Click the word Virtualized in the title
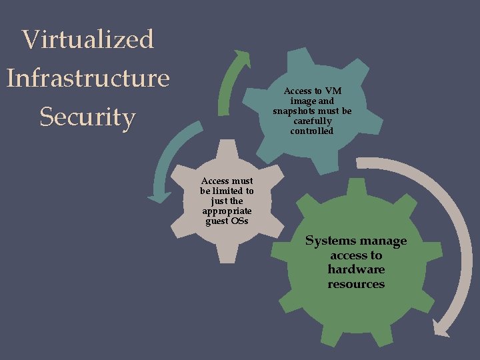coord(88,39)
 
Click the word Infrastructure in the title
coord(88,78)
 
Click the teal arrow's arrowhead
coord(158,197)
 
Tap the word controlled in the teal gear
coord(312,131)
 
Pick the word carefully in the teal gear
coord(312,121)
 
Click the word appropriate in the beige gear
coord(227,211)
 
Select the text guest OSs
coord(227,221)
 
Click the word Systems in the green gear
coord(329,241)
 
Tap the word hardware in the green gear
coord(356,269)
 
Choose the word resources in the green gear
coord(356,284)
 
